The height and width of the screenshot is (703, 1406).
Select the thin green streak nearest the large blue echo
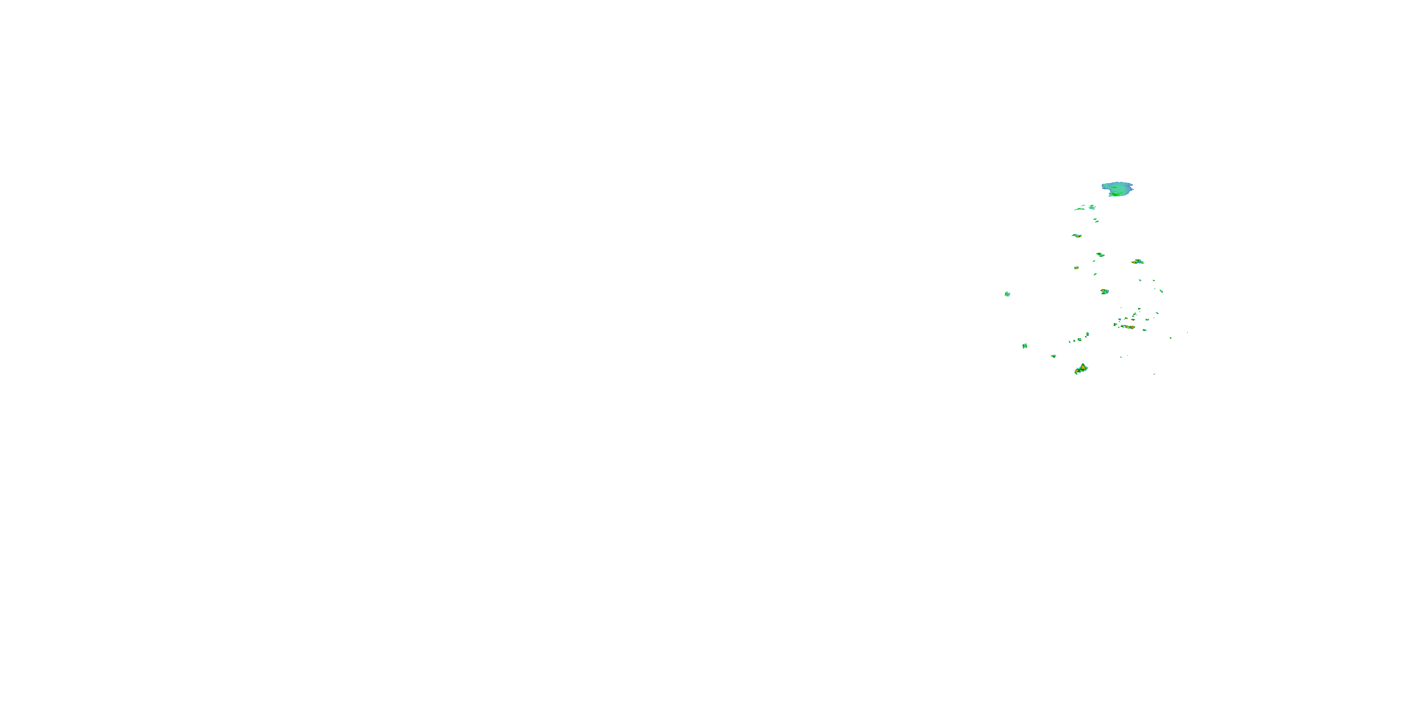[x=1079, y=209]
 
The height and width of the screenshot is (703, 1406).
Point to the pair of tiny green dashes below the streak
[x=1095, y=220]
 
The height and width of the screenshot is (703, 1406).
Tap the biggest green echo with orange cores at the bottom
[x=1081, y=369]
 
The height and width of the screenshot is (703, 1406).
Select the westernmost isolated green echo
[x=1007, y=294]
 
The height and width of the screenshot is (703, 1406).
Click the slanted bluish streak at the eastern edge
[x=1161, y=291]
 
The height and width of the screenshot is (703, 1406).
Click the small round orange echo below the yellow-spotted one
[x=1077, y=268]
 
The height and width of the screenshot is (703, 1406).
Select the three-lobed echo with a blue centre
[x=1137, y=262]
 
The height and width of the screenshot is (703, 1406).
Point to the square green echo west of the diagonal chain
[x=1025, y=345]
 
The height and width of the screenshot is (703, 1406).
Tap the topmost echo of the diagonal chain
[x=1087, y=334]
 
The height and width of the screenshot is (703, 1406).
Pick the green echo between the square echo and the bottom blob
[x=1054, y=356]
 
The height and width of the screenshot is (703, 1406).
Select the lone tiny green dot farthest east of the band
[x=1187, y=332]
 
